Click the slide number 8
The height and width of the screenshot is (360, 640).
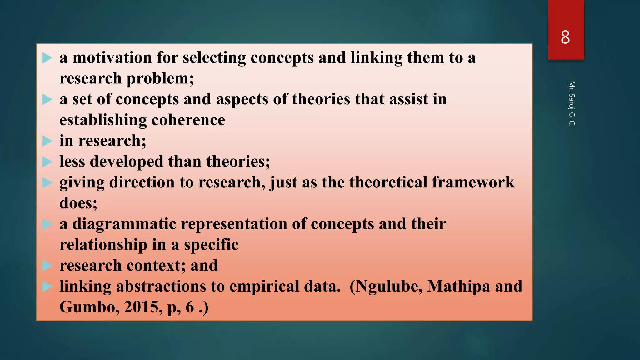pyautogui.click(x=565, y=37)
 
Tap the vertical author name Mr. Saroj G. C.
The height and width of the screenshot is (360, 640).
pyautogui.click(x=572, y=103)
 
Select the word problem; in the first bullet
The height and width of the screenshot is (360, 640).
pyautogui.click(x=160, y=79)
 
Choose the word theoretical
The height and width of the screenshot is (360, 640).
pyautogui.click(x=388, y=182)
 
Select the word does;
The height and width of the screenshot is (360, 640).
pyautogui.click(x=78, y=203)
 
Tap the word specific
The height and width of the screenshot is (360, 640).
pyautogui.click(x=211, y=245)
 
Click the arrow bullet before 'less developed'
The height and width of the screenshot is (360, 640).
pyautogui.click(x=47, y=162)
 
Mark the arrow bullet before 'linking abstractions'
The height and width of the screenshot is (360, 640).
pyautogui.click(x=47, y=287)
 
